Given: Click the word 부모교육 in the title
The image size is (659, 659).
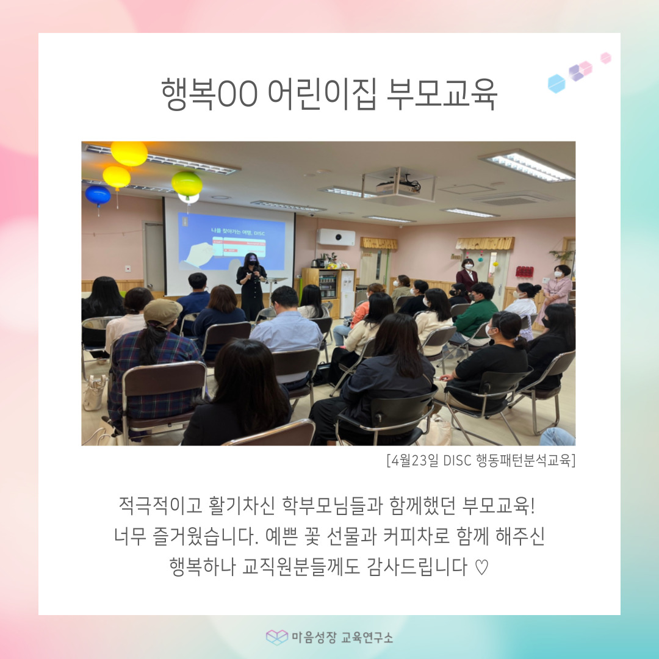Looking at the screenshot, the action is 441,94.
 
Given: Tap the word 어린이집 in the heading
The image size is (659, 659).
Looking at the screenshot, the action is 322,94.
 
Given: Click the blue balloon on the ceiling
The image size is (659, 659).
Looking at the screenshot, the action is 98,195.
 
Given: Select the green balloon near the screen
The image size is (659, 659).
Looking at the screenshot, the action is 187,184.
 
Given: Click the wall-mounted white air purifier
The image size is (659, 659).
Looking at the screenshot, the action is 336,237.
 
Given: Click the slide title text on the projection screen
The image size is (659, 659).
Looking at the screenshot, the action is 238,232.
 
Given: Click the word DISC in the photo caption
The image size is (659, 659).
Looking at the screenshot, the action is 457,461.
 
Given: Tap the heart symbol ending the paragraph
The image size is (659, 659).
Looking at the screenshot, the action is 481,567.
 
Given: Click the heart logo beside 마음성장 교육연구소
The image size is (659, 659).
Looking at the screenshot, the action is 277,637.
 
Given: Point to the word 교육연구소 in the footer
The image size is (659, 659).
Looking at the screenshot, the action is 367,638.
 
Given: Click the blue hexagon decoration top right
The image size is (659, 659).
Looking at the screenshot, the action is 556,84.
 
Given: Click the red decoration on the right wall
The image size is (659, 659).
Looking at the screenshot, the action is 525,272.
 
